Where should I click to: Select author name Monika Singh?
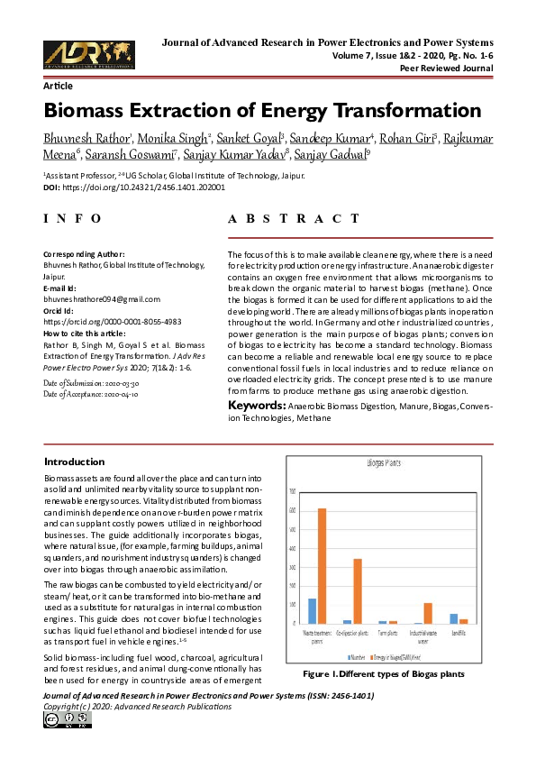[175, 137]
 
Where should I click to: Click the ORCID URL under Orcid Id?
[113, 321]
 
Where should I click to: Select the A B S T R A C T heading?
[299, 219]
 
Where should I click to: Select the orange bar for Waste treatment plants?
[322, 566]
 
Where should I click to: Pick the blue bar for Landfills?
[454, 618]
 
